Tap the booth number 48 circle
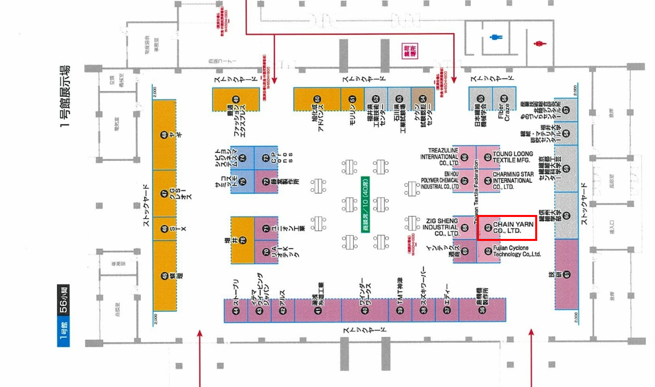pyautogui.click(x=164, y=135)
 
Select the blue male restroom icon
pyautogui.click(x=496, y=37)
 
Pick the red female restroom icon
pyautogui.click(x=540, y=43)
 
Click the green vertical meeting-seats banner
pyautogui.click(x=365, y=204)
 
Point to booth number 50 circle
pyautogui.click(x=317, y=99)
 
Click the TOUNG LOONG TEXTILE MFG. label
pyautogui.click(x=513, y=157)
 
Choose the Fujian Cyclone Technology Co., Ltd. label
pyautogui.click(x=517, y=251)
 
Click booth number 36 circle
pyautogui.click(x=482, y=310)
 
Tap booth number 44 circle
pyautogui.click(x=236, y=311)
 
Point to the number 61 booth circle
pyautogui.click(x=566, y=274)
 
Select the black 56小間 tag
pyautogui.click(x=63, y=299)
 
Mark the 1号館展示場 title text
pyautogui.click(x=65, y=96)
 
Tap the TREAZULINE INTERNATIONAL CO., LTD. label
pyautogui.click(x=439, y=157)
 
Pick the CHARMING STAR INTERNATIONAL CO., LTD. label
pyautogui.click(x=513, y=181)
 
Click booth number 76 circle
pyautogui.click(x=243, y=240)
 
